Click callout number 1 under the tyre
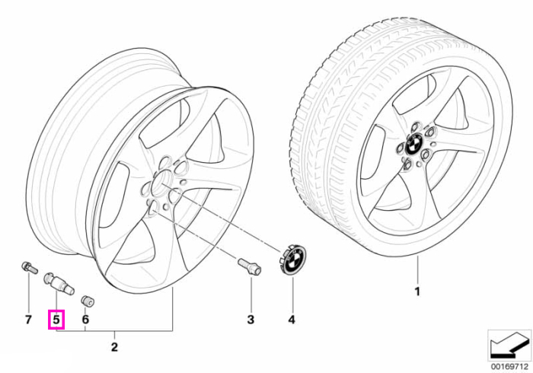417,292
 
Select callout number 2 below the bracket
114,347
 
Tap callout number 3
251,319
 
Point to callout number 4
292,319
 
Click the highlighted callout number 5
56,319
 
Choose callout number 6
85,319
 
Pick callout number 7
28,319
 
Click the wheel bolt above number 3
250,266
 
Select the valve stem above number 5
59,284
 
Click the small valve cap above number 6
88,301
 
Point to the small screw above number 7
29,268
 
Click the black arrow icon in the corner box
509,346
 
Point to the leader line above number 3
251,294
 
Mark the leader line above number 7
28,292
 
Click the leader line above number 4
292,294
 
